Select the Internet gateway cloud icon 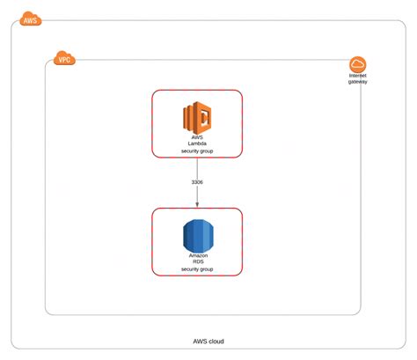tap(357, 64)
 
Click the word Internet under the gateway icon tap(358, 77)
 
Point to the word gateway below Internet tap(358, 84)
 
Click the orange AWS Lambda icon tap(197, 118)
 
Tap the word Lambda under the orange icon tap(197, 143)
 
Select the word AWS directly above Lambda tap(197, 136)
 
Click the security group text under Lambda tap(197, 151)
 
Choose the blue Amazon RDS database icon tap(197, 235)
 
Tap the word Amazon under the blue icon tap(197, 254)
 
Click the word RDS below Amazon tap(197, 261)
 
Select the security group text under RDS tap(197, 269)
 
